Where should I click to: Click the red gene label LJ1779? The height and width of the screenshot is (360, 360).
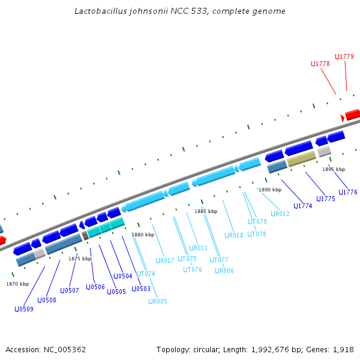coord(344,56)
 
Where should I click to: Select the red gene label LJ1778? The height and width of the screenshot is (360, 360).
coord(320,64)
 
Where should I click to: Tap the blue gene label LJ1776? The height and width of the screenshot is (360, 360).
coord(348,193)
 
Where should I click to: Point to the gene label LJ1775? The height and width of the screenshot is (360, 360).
coord(325,199)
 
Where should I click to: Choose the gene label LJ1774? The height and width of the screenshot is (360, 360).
coord(303,206)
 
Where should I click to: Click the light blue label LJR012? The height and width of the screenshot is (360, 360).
coord(280,214)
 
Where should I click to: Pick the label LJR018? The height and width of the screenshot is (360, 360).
coord(234,236)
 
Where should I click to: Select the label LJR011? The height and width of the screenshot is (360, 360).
coord(199,248)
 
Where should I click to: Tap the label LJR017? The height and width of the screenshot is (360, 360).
coord(165,261)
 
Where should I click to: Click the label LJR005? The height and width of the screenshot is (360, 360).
coord(158,302)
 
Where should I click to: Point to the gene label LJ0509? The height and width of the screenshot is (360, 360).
coord(24,310)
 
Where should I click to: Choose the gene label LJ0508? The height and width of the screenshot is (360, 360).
coord(47,301)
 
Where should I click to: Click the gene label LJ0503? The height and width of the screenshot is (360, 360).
coord(141,289)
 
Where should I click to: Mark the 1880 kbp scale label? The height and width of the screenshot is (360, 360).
coord(143,235)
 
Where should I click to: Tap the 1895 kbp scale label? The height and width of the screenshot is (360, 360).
coord(334,170)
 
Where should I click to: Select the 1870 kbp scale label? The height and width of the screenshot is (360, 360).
coord(17,284)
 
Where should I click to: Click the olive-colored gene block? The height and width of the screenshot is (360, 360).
coord(301,159)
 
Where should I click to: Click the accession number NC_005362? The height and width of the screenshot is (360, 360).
coord(65,349)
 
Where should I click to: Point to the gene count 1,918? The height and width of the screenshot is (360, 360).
coord(344,349)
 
